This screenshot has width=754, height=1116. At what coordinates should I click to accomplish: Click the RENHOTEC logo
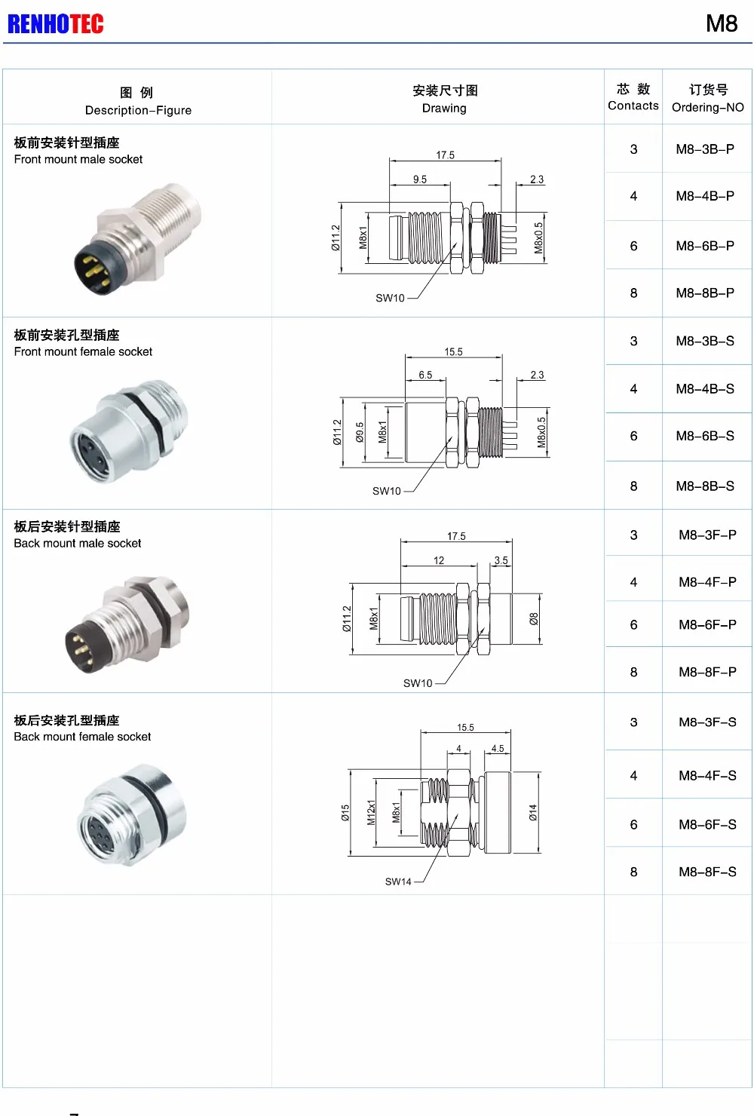click(x=56, y=24)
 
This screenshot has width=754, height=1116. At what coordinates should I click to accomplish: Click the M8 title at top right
click(x=721, y=24)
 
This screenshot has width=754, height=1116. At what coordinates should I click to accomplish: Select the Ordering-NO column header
click(x=707, y=98)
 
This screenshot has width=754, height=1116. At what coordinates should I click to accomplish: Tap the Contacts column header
click(x=633, y=97)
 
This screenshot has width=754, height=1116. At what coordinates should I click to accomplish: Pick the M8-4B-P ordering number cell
click(x=705, y=196)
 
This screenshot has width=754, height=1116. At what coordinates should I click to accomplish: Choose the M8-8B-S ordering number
click(x=705, y=486)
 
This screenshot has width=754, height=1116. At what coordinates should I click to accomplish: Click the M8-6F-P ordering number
click(x=707, y=625)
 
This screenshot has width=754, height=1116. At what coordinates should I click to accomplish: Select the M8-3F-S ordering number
click(x=707, y=722)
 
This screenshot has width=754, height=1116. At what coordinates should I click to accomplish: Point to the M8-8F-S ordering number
click(x=707, y=872)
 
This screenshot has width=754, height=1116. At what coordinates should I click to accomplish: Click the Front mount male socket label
click(x=78, y=160)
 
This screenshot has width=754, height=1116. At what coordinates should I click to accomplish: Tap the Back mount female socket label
click(x=82, y=737)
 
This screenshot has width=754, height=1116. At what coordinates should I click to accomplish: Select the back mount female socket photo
click(x=133, y=814)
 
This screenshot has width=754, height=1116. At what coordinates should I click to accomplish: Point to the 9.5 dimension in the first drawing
click(x=420, y=179)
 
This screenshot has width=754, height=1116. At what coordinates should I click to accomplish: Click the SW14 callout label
click(x=398, y=881)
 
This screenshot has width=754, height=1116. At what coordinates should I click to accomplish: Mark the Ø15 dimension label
click(x=345, y=813)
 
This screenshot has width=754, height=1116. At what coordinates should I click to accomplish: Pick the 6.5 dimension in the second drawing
click(x=425, y=375)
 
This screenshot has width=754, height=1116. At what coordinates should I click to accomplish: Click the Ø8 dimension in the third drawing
click(x=534, y=619)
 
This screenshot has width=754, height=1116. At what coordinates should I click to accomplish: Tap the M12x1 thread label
click(x=371, y=812)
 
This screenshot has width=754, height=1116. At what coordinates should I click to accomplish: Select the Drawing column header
click(x=444, y=99)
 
